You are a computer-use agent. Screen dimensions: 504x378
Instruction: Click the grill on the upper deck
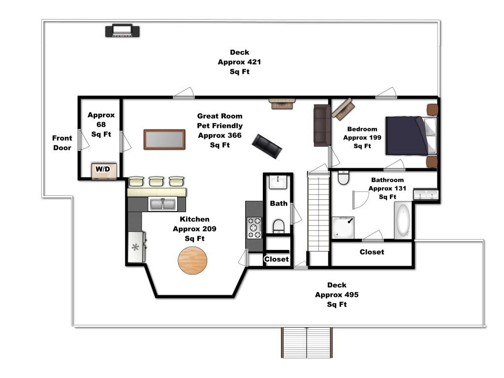click(123, 31)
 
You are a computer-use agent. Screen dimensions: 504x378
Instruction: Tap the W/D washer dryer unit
click(104, 171)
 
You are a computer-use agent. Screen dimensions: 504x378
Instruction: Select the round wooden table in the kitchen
click(192, 260)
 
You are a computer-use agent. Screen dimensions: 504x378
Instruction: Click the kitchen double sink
click(162, 204)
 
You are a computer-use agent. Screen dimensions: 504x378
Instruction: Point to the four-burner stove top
click(254, 228)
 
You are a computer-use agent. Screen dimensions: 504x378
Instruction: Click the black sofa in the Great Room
click(267, 146)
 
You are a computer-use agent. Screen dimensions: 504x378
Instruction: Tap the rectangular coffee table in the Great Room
click(164, 139)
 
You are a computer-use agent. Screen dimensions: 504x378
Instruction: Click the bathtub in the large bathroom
click(403, 220)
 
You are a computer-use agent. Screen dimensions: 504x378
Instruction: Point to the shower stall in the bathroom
click(343, 227)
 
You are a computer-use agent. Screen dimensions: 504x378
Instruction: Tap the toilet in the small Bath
click(279, 226)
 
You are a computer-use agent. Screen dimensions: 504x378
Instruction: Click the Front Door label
click(63, 143)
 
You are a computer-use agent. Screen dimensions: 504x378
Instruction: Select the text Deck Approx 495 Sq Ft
click(337, 294)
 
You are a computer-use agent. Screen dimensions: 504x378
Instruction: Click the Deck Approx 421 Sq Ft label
click(240, 62)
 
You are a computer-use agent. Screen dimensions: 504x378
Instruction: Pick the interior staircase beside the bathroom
click(318, 212)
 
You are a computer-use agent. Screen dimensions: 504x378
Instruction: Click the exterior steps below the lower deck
click(307, 343)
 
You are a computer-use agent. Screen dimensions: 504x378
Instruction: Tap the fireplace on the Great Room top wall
click(282, 104)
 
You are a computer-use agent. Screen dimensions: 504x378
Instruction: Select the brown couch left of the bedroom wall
click(322, 125)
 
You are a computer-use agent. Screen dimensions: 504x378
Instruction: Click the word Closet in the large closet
click(372, 252)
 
